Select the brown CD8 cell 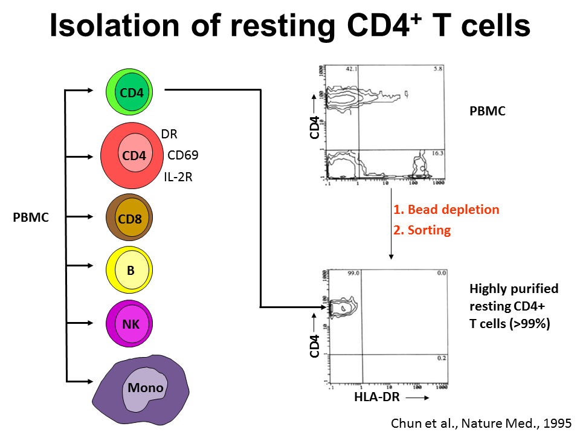(130, 218)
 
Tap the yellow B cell (130, 270)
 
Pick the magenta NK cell (130, 324)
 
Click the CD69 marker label (183, 155)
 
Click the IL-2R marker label (178, 177)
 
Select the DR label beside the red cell (169, 134)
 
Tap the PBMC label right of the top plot (487, 112)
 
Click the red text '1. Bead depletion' (446, 210)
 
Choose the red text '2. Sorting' (422, 230)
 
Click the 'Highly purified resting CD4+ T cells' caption (514, 306)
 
